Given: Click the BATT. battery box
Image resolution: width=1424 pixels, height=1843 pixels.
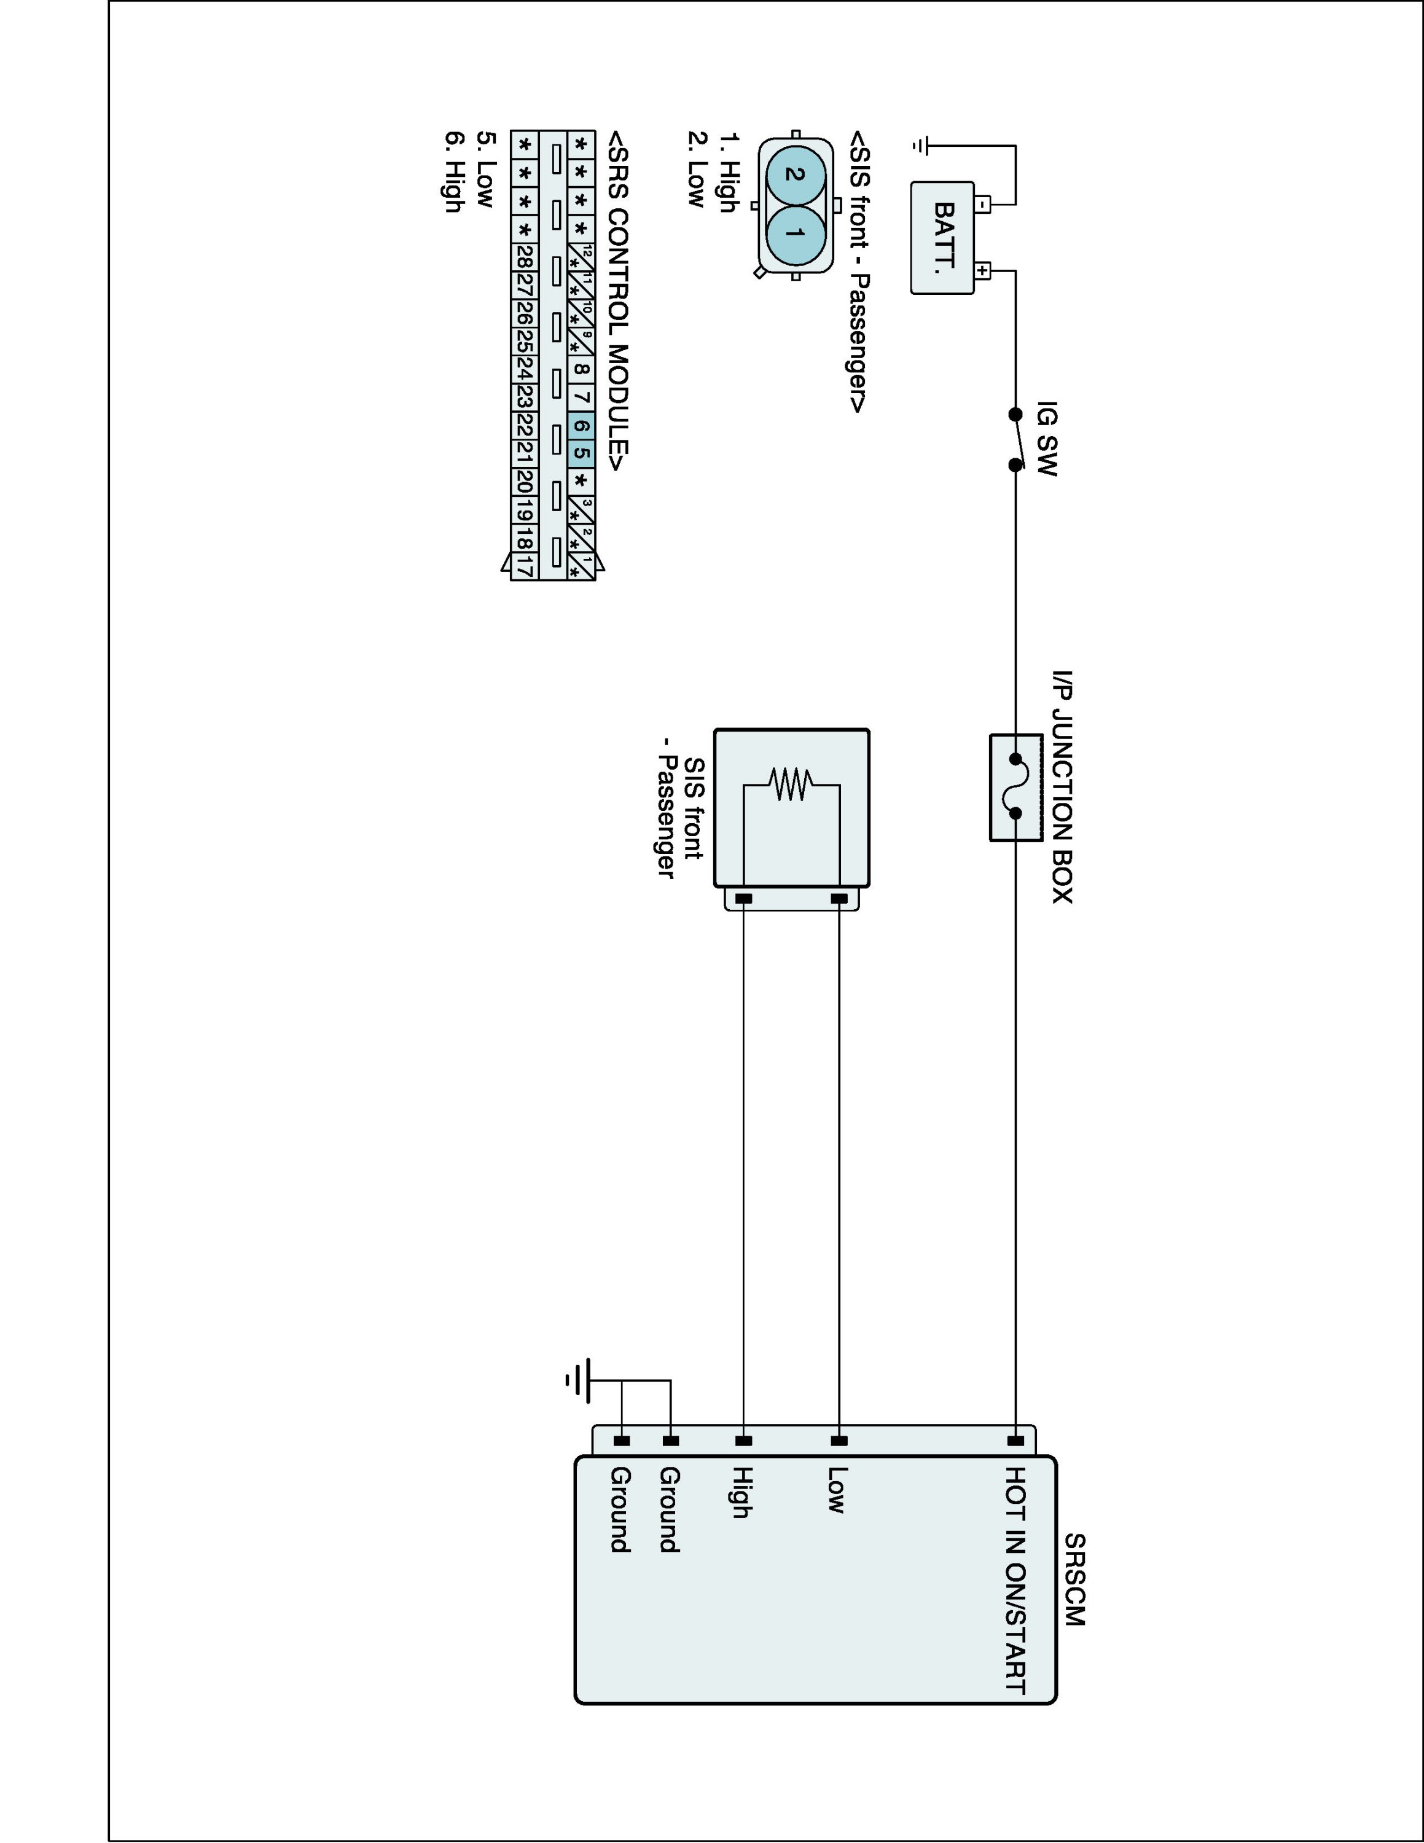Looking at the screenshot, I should [x=942, y=238].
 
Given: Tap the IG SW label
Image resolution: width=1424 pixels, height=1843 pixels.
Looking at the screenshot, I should [x=1046, y=439].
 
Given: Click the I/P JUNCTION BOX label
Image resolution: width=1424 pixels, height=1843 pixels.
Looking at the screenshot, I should [x=1062, y=786].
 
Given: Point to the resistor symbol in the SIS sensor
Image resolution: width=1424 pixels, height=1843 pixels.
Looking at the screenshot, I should [x=791, y=785].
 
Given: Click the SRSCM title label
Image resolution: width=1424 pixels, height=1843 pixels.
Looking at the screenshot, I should [x=1074, y=1579].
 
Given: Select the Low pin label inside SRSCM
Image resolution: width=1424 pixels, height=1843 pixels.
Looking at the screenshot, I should [x=836, y=1489].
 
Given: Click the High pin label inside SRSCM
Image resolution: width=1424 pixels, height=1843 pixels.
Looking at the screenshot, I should [x=741, y=1492].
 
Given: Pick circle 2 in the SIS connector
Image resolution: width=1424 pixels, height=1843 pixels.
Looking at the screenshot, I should [x=793, y=174].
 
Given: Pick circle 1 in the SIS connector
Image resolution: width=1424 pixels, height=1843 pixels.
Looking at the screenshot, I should [x=793, y=232].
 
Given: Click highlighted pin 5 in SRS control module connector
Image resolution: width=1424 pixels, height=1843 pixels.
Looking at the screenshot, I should [x=581, y=453].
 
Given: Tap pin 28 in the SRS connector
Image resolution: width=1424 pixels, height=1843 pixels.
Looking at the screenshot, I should [x=524, y=257].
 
